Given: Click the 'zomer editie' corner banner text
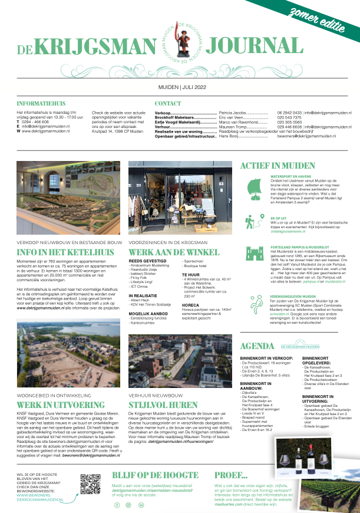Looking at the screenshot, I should [327, 17].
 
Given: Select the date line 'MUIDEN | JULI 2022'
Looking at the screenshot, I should [180, 87].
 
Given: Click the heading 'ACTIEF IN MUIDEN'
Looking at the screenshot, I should [279, 166].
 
